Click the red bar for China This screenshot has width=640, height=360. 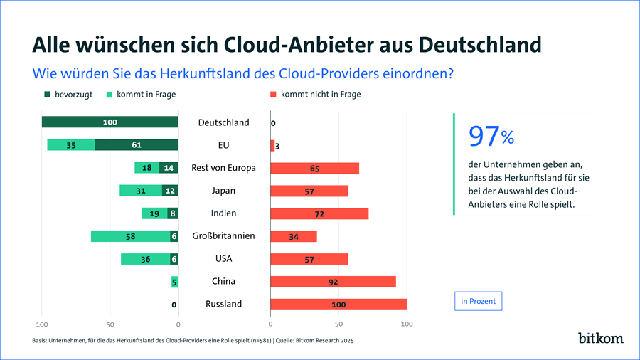[x=333, y=281]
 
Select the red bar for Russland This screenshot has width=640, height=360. [x=338, y=304]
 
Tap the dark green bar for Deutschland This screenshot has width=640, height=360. [x=110, y=122]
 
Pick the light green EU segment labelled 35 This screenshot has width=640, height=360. [x=71, y=145]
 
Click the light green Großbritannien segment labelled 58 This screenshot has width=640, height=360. [x=130, y=236]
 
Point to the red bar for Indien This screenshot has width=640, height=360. [x=319, y=213]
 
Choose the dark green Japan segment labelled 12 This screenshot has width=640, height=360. [x=170, y=191]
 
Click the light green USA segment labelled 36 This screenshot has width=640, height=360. [x=145, y=259]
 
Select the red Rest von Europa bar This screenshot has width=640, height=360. [x=314, y=168]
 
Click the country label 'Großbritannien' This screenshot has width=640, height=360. [x=223, y=236]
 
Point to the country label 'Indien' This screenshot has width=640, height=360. [x=223, y=213]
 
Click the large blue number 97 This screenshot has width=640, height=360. [x=483, y=135]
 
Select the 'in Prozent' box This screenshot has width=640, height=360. [x=479, y=301]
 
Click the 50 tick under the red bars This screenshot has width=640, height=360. [x=338, y=324]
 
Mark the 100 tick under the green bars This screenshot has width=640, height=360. [x=42, y=324]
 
